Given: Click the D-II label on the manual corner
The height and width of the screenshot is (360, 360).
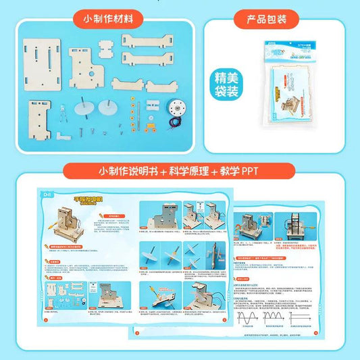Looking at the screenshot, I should [47, 196].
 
